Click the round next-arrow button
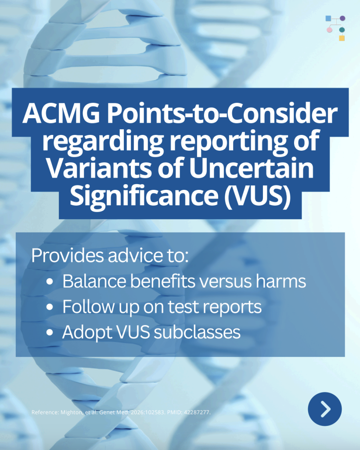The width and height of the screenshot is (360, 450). (325, 409)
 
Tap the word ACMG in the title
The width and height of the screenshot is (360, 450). (61, 113)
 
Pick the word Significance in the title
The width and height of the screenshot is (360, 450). (144, 196)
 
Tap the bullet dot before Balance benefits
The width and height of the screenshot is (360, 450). (50, 282)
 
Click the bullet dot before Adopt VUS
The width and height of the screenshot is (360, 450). (50, 332)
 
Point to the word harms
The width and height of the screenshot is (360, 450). (281, 281)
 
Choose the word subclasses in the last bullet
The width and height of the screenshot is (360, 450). (197, 332)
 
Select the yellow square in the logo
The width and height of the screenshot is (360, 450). (342, 38)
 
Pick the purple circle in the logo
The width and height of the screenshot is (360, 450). (342, 18)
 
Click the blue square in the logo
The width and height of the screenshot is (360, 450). (328, 18)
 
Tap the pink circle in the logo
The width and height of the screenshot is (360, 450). (329, 29)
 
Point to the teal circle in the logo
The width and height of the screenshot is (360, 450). (342, 29)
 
